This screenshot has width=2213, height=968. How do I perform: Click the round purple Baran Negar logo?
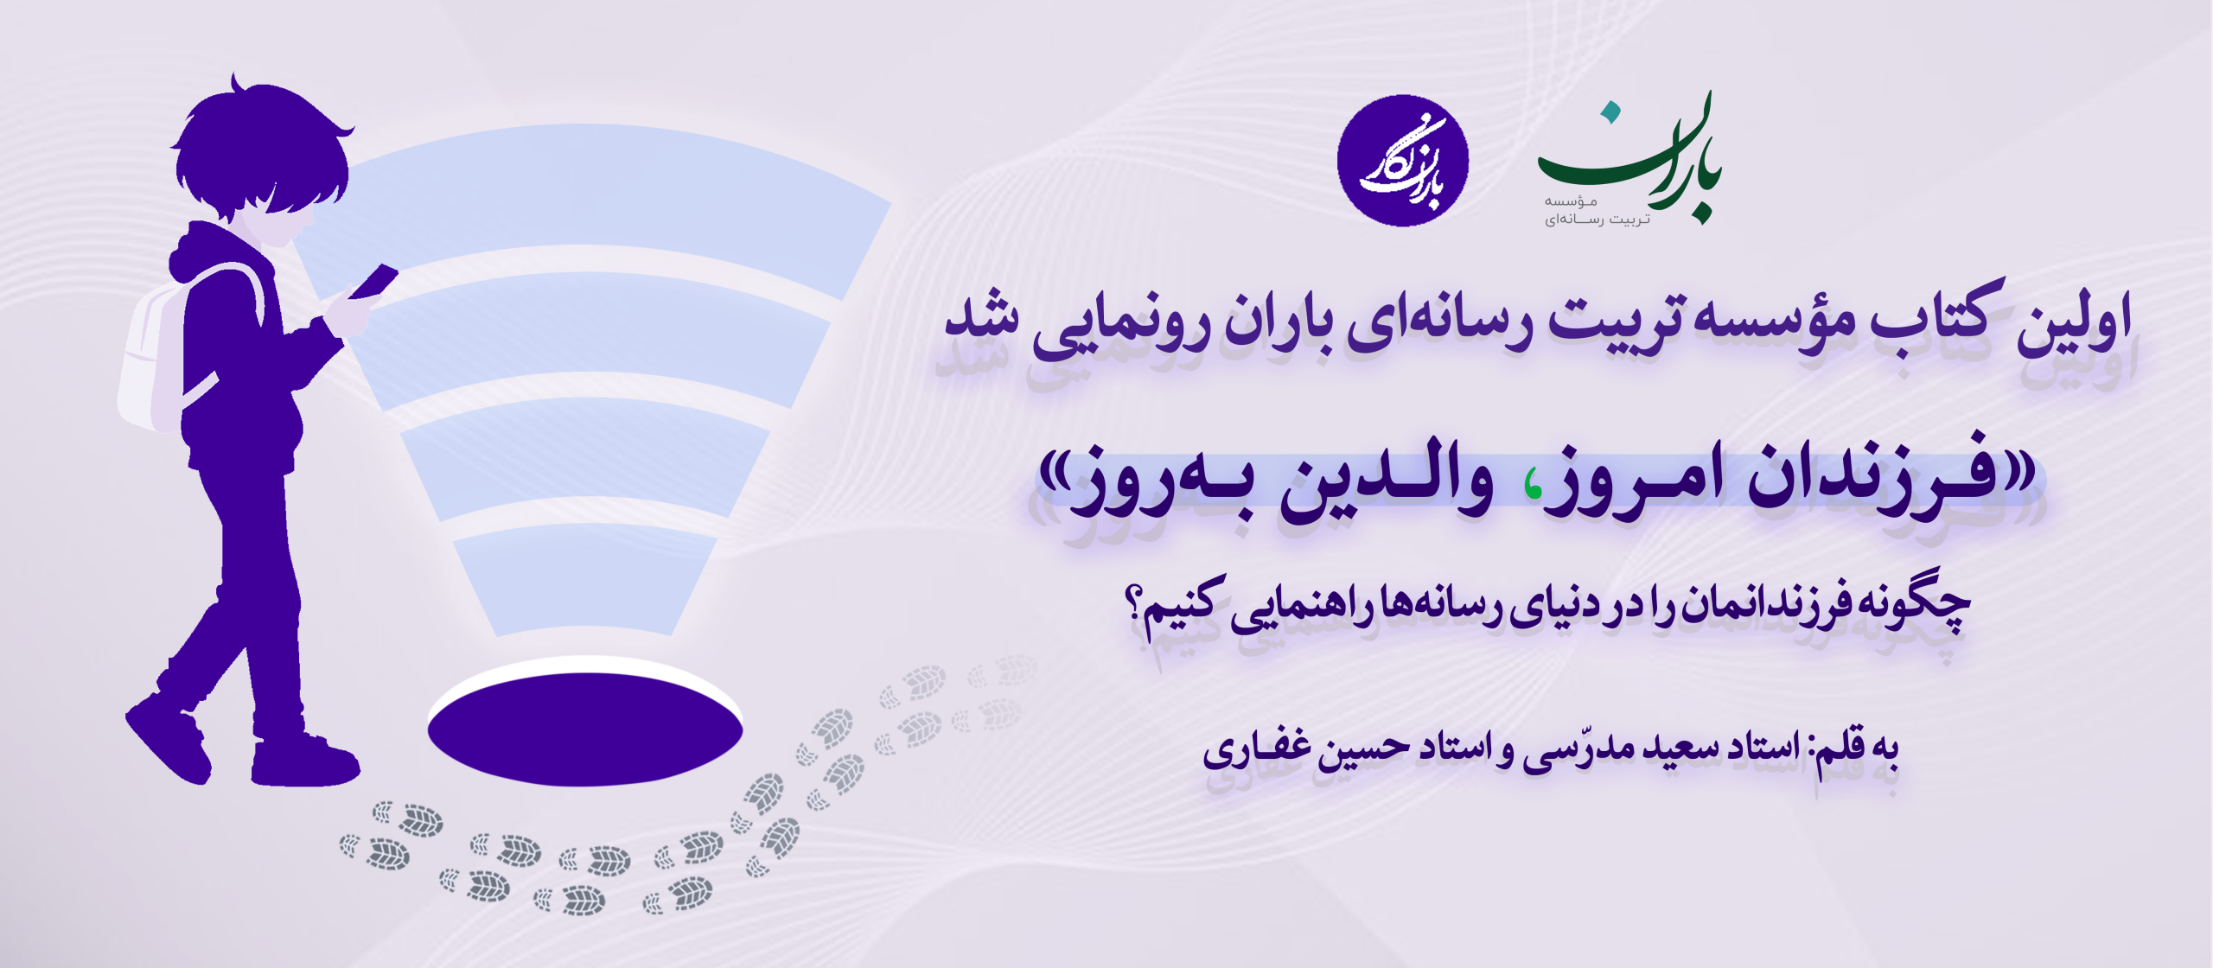1402,161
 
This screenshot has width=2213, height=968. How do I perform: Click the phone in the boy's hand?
373,282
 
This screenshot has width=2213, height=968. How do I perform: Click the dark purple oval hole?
585,729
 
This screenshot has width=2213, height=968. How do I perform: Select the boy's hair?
259,147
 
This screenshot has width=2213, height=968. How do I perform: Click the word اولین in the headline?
2075,324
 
